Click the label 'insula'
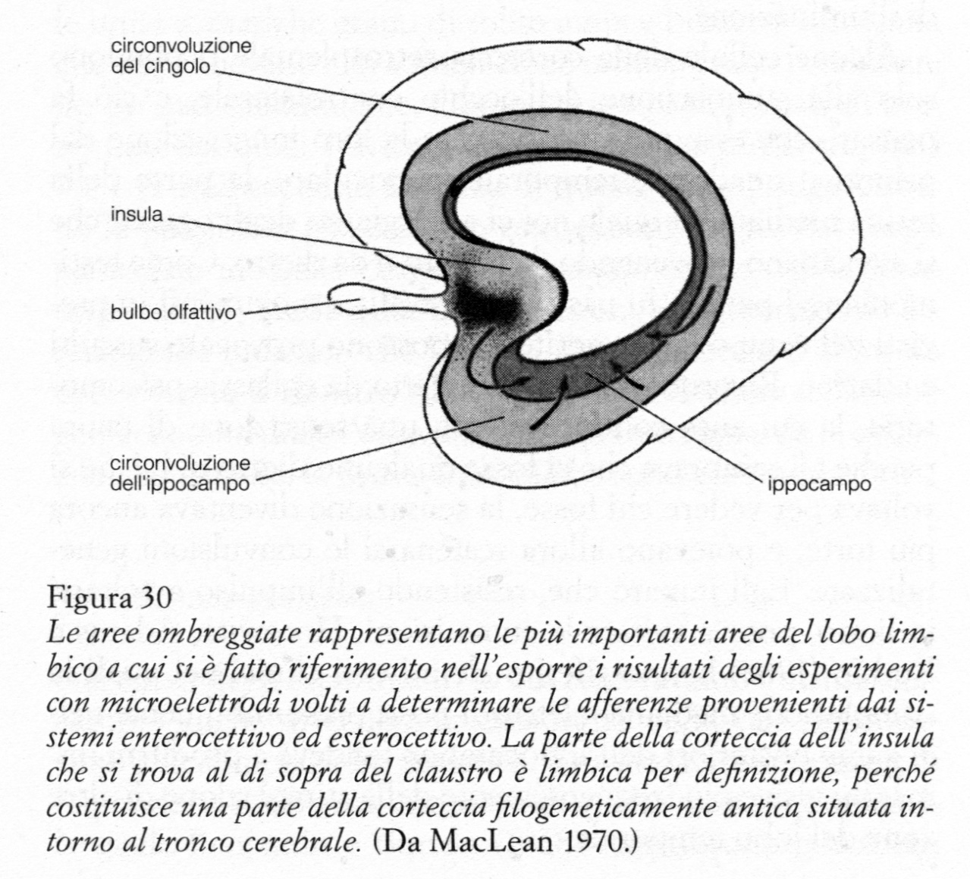(137, 214)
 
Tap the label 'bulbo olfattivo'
(174, 313)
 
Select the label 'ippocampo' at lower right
(820, 483)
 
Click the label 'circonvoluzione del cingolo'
(181, 56)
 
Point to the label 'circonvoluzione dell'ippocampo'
(181, 474)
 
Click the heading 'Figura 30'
(109, 598)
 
